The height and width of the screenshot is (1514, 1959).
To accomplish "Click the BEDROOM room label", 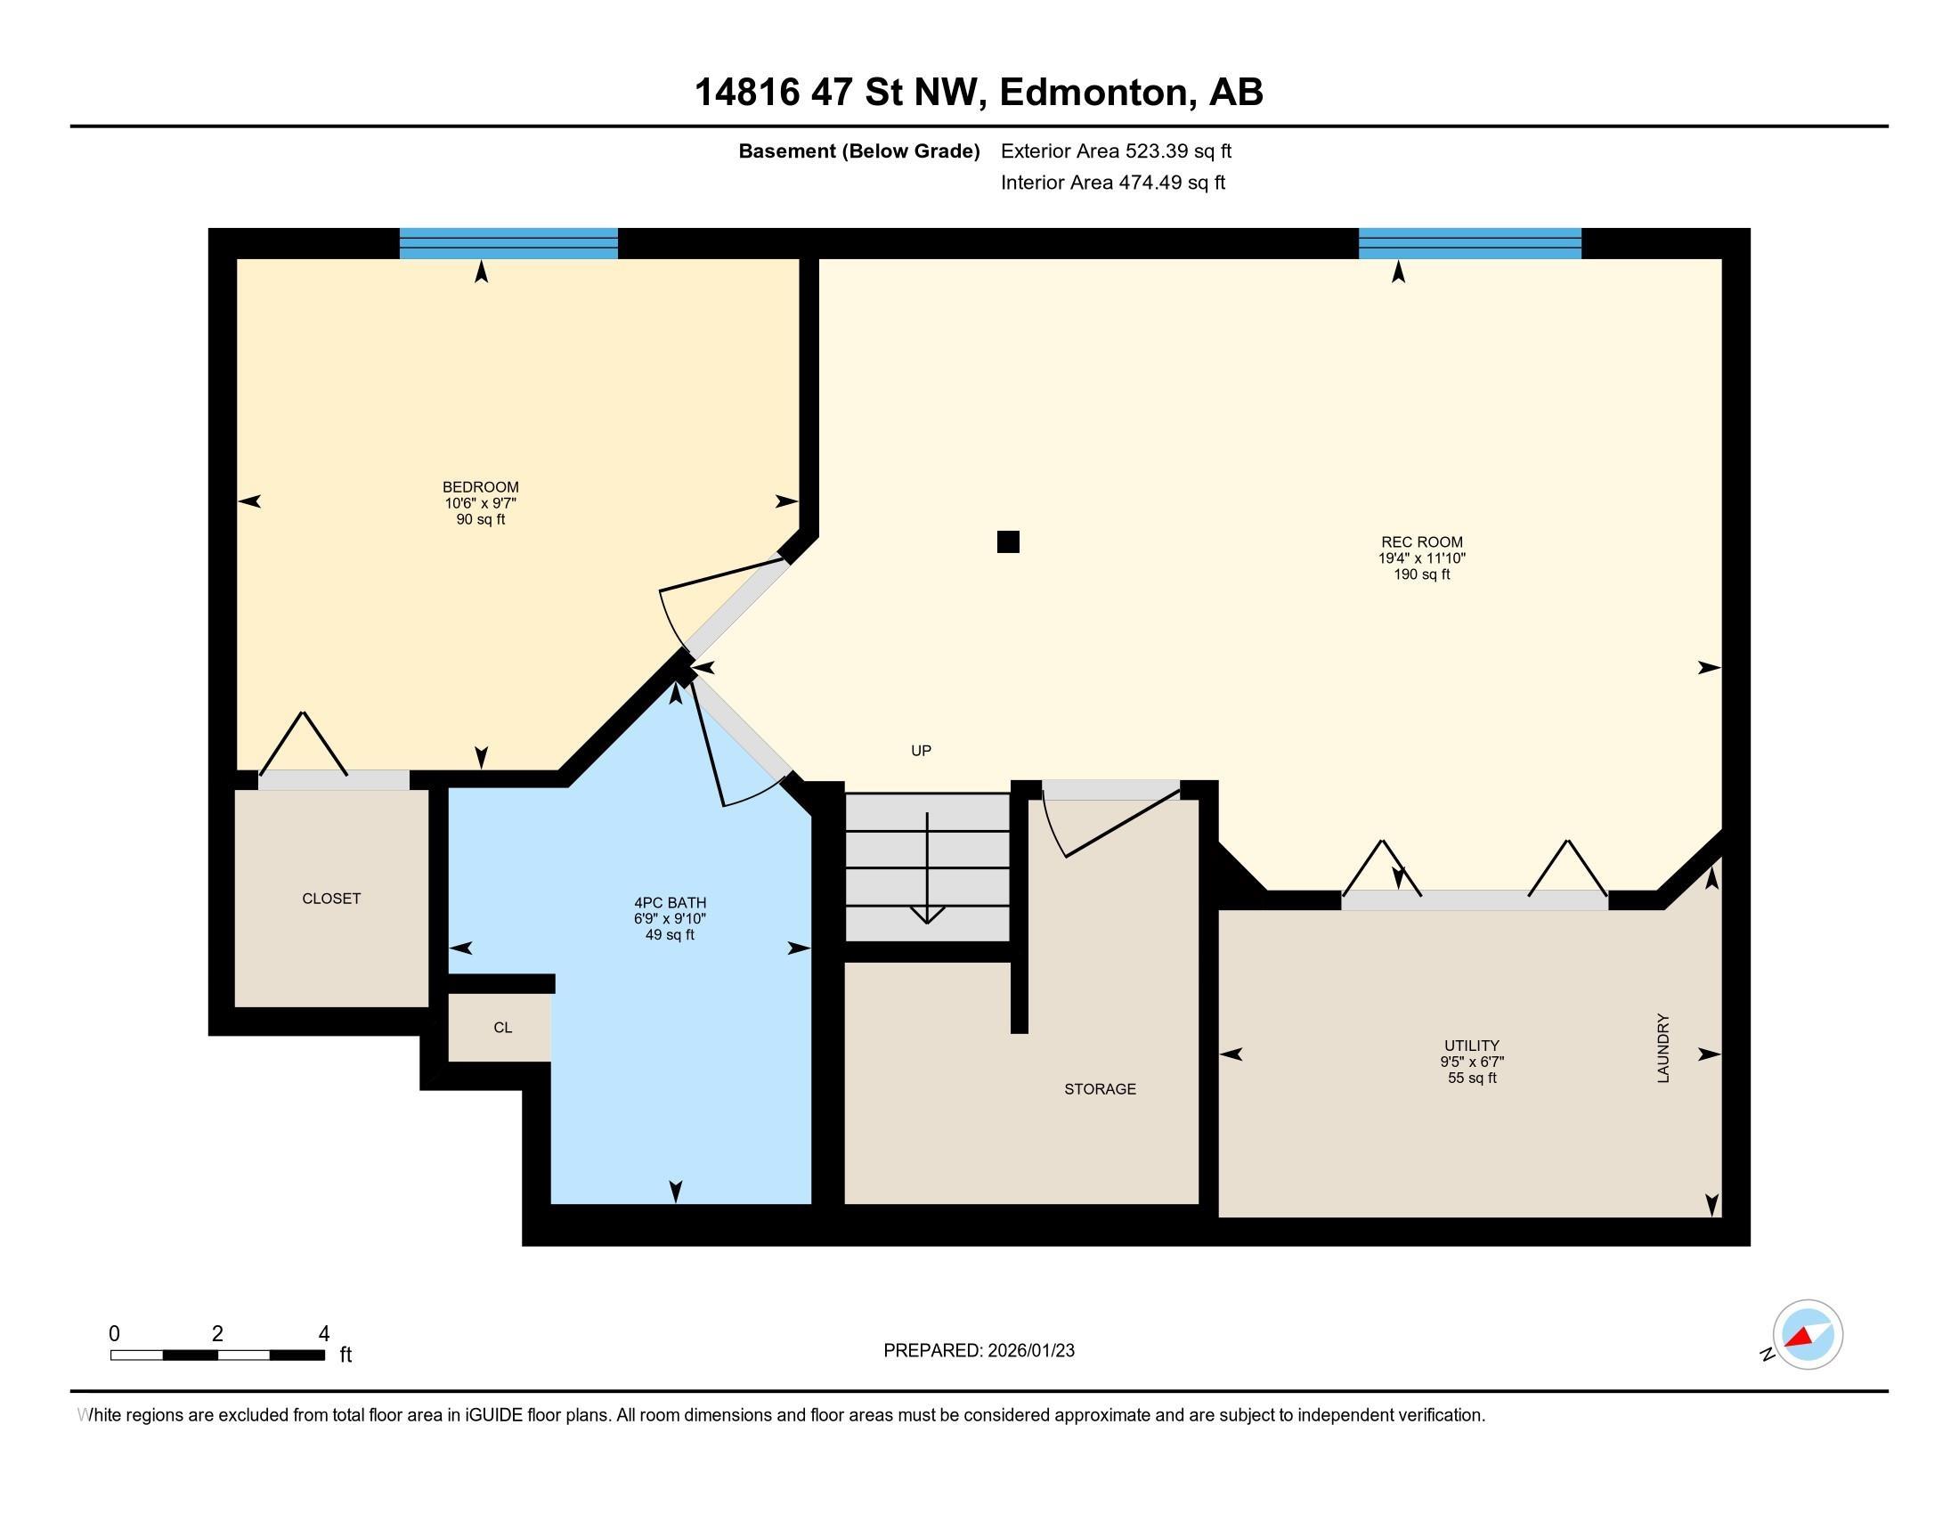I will [x=480, y=487].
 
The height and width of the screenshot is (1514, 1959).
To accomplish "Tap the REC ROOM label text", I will [x=1422, y=541].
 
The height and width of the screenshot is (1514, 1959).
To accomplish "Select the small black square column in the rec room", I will [x=1008, y=541].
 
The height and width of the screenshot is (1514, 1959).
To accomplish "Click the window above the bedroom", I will [x=508, y=243].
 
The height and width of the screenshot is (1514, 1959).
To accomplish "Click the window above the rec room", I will [x=1469, y=243].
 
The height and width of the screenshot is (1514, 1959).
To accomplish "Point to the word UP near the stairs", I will [x=922, y=751].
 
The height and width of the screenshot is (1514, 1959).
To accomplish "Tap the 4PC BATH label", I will [x=670, y=903].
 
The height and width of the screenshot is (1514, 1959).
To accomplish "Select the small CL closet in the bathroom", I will [x=502, y=1028].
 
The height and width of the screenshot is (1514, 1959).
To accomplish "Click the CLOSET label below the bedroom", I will [x=331, y=899].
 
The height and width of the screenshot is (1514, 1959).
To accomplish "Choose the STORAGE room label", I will [x=1100, y=1089].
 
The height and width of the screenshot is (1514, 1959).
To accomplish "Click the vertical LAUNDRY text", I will [x=1663, y=1047].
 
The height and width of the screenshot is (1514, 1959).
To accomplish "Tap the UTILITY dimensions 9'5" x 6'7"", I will [x=1472, y=1062].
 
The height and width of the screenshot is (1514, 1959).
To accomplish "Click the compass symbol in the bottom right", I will [x=1807, y=1335].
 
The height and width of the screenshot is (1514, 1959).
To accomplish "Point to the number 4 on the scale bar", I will [x=324, y=1334].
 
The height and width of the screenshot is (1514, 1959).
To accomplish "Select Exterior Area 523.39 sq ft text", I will [x=1116, y=151].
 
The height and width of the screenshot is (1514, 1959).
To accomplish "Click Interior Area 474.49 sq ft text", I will [x=1112, y=183].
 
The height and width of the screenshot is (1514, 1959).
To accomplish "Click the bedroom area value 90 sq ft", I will [x=480, y=519].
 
